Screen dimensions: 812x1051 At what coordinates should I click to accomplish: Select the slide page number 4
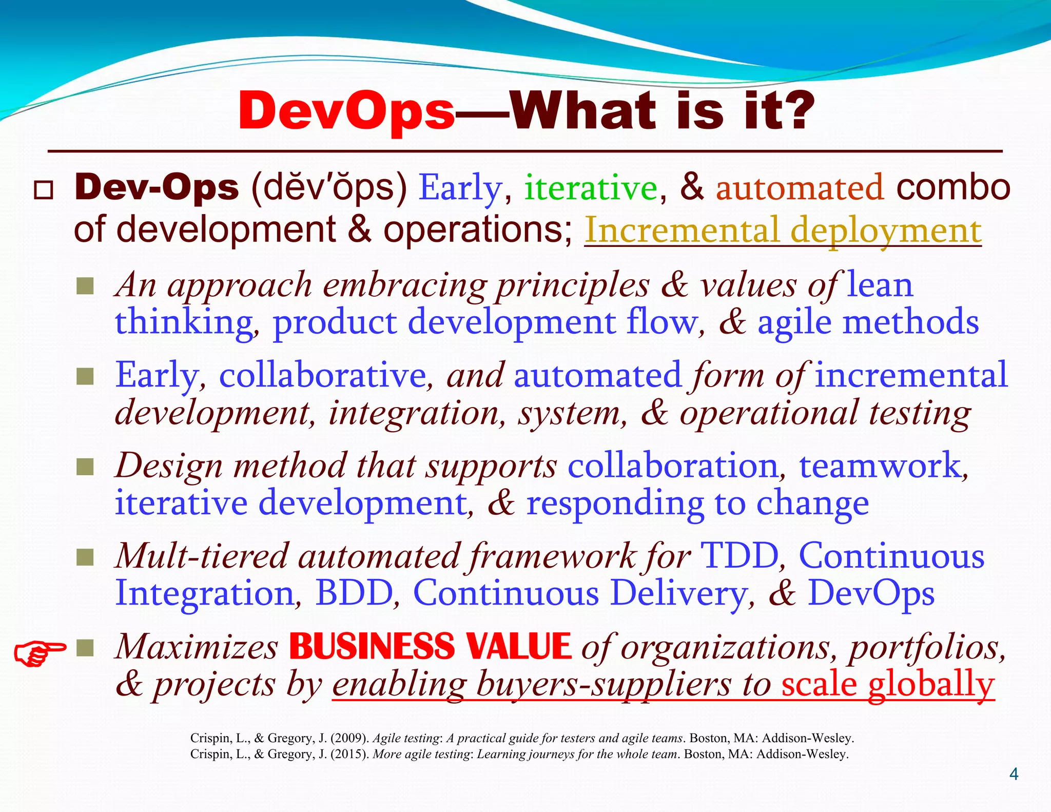(1014, 774)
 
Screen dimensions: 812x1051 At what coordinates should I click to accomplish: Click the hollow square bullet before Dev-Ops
(43, 190)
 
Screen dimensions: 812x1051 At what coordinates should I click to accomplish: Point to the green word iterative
(590, 188)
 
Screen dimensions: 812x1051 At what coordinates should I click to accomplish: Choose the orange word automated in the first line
(800, 188)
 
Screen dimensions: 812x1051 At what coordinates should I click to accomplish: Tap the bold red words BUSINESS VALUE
(430, 646)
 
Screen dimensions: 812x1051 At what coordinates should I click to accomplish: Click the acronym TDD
(739, 556)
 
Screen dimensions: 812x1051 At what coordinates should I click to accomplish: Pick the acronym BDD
(354, 593)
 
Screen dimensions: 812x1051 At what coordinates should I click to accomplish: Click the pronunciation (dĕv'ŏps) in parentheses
(329, 188)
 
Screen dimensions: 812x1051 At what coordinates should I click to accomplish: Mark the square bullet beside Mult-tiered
(85, 557)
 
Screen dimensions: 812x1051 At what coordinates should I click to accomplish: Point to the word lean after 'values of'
(880, 285)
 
